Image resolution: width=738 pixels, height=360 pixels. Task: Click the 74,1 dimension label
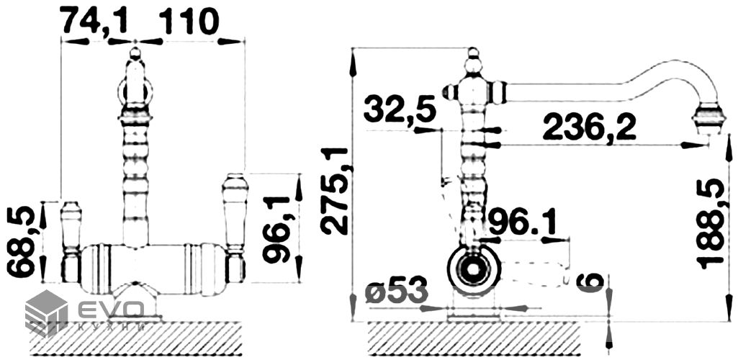click(95, 21)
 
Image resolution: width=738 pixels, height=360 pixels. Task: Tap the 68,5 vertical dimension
click(21, 241)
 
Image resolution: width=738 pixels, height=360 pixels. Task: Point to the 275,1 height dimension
click(335, 191)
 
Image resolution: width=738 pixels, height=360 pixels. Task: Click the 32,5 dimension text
click(400, 109)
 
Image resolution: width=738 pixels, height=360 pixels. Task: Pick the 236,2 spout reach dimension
click(589, 127)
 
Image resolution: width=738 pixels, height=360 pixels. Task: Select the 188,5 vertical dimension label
click(711, 223)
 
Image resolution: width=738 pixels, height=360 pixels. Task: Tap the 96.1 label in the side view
click(522, 222)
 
